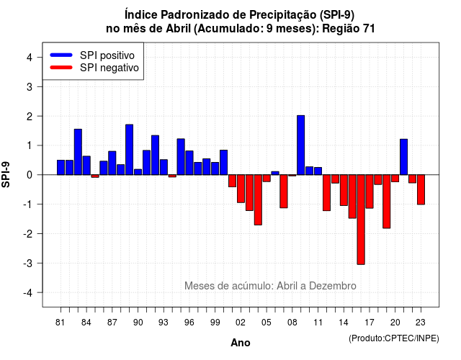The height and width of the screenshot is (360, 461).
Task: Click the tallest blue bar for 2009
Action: tap(301, 145)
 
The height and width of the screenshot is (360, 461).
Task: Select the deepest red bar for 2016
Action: tap(361, 220)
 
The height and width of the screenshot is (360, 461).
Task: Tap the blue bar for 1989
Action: tap(130, 150)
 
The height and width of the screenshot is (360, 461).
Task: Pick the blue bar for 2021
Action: tap(403, 157)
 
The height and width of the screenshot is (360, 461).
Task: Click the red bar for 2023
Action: tap(421, 189)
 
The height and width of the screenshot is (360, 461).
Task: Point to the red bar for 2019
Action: tap(387, 202)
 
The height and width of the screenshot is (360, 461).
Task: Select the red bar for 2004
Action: tap(258, 200)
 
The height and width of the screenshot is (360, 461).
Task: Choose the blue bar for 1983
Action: tap(78, 152)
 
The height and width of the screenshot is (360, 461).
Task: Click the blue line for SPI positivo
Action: tap(61, 55)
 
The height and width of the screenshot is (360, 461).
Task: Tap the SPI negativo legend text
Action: tap(109, 68)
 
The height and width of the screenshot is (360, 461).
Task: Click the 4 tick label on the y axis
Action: tap(30, 58)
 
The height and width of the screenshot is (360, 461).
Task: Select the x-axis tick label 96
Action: tap(189, 323)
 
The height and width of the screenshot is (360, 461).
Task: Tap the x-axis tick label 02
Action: tap(241, 323)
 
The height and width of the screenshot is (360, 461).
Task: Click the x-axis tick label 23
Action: tap(421, 323)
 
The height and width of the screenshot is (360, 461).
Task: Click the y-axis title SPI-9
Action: tap(6, 174)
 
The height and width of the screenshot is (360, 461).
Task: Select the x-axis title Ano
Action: tap(241, 343)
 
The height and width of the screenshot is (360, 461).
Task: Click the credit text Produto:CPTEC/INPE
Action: tap(394, 338)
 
